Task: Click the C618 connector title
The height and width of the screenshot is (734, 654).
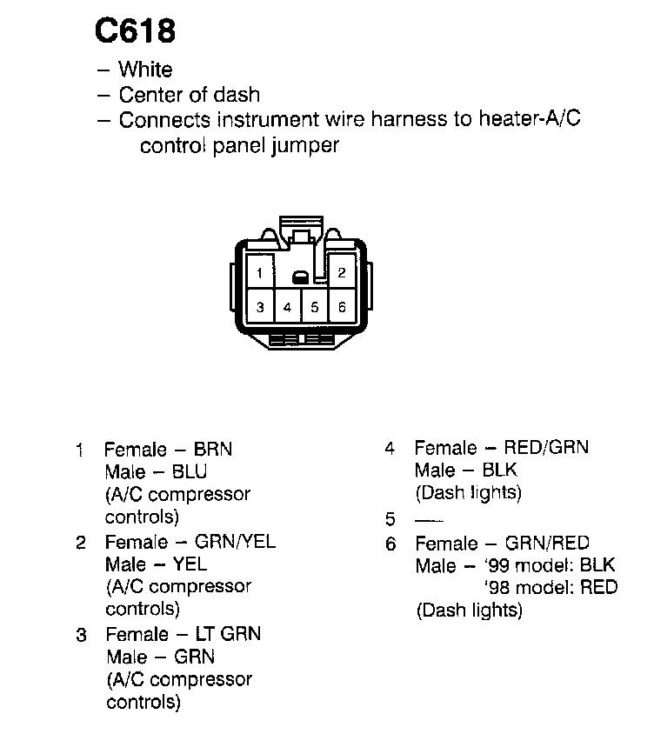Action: (x=135, y=31)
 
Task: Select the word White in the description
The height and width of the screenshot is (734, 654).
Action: (x=145, y=70)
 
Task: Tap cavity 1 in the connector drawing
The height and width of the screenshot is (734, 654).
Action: (x=259, y=272)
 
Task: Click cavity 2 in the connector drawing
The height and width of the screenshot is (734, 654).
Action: (x=342, y=271)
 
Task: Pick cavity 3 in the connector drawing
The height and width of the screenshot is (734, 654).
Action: (x=259, y=307)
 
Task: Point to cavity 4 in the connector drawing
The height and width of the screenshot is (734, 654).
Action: (x=287, y=307)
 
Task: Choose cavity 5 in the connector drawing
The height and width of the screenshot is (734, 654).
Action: (x=315, y=307)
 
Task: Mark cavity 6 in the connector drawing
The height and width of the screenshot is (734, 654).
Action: (x=342, y=307)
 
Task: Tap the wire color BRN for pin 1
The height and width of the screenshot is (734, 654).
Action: (x=213, y=450)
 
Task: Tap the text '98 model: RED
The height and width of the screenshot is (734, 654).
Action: (x=550, y=587)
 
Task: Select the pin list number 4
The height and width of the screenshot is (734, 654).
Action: (x=390, y=449)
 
